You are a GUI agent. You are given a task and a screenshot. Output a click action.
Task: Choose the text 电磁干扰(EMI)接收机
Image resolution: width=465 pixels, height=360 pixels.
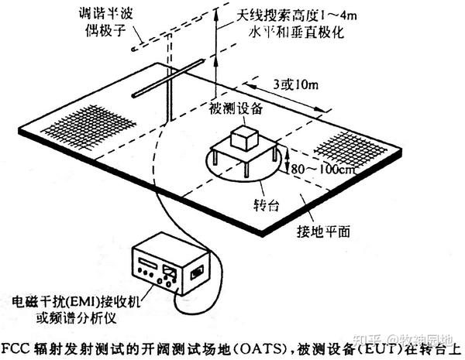point(71,300)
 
